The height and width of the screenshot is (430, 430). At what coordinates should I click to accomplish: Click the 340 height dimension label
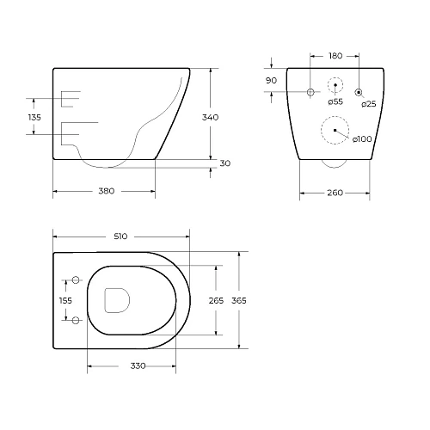click(x=210, y=117)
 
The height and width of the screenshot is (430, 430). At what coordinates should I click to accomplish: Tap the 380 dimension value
click(x=107, y=191)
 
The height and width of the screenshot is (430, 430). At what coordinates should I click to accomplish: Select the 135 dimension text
click(x=34, y=117)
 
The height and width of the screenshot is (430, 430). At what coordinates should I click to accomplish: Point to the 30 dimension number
click(x=225, y=163)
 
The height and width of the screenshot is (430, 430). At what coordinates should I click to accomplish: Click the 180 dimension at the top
click(x=335, y=56)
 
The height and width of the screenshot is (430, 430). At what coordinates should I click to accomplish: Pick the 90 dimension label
click(x=271, y=81)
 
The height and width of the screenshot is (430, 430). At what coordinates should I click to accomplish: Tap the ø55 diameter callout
click(x=335, y=101)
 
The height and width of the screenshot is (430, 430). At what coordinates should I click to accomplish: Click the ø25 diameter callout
click(x=369, y=104)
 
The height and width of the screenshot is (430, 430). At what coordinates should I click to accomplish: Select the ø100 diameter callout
click(x=362, y=139)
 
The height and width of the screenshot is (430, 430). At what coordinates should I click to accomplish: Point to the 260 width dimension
click(x=335, y=193)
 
